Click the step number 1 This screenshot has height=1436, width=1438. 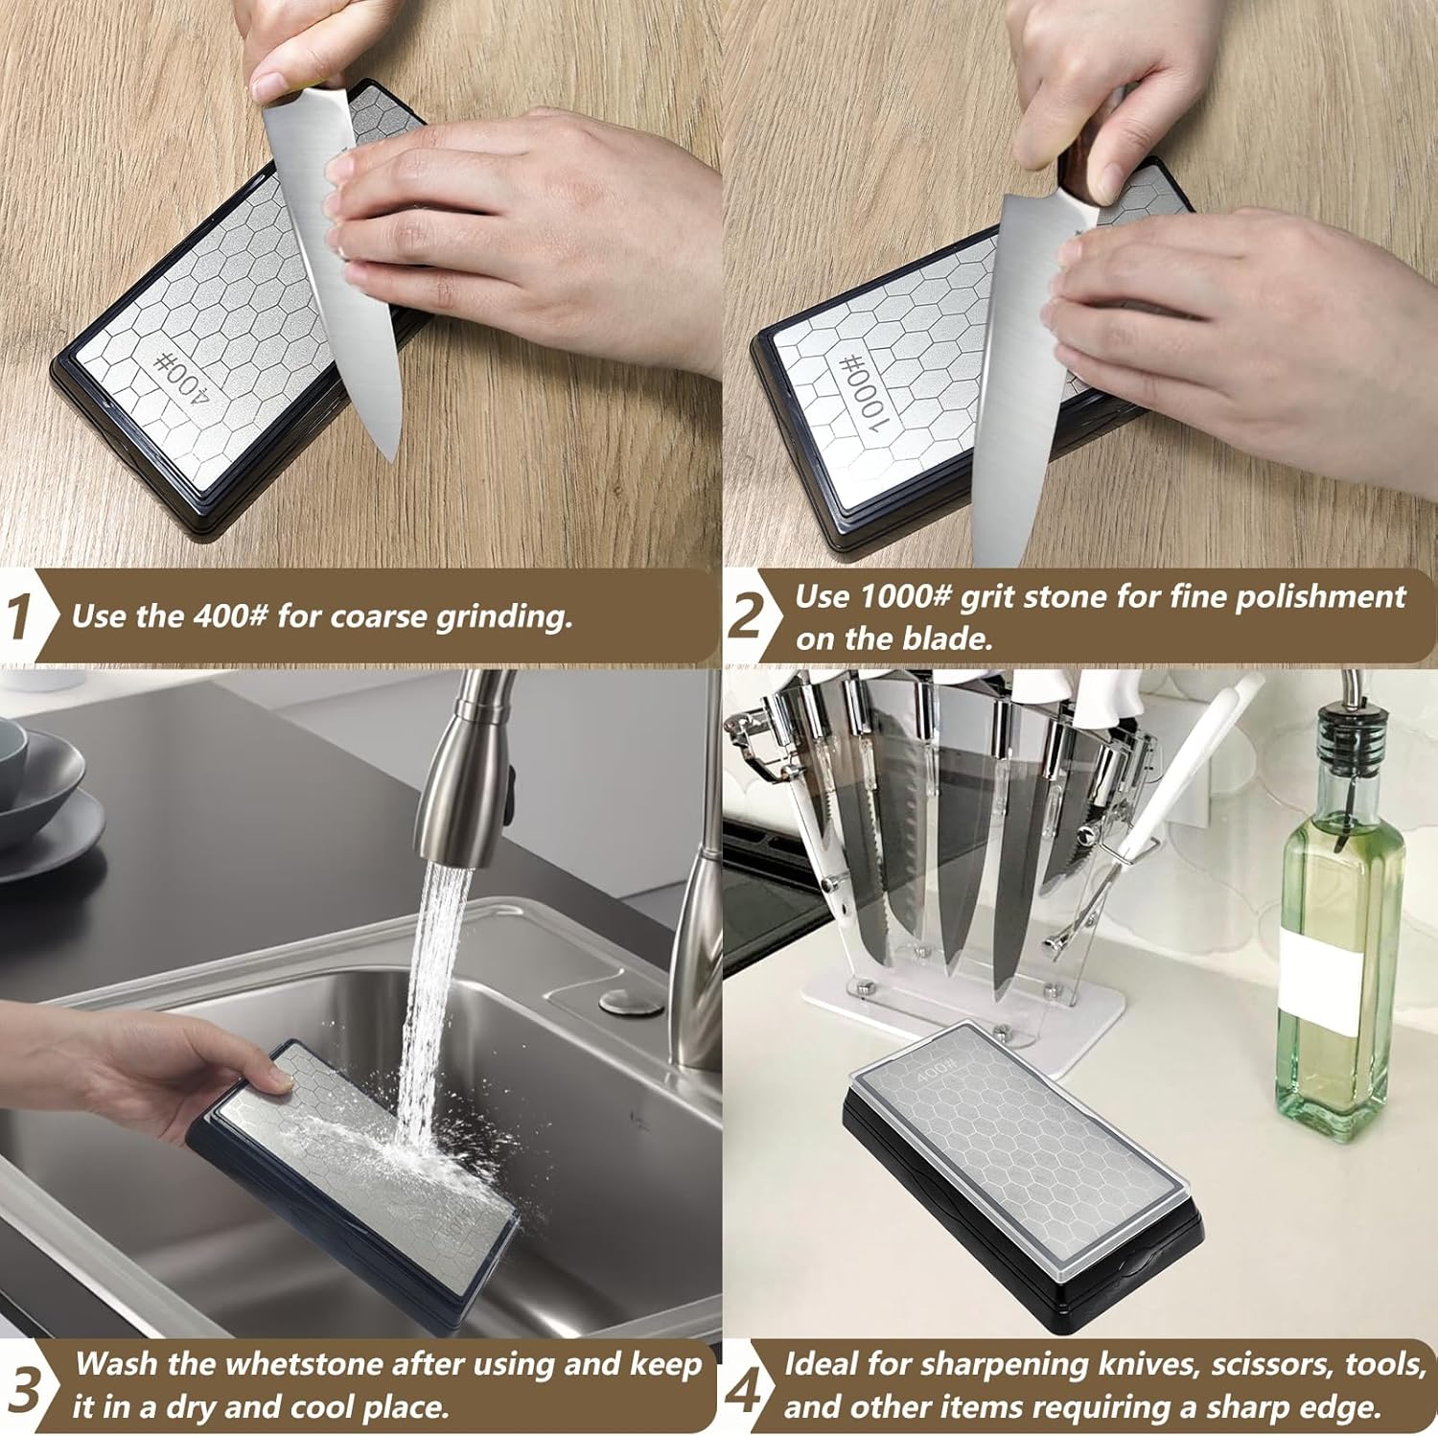pyautogui.click(x=19, y=616)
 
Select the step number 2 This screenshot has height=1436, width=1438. pyautogui.click(x=744, y=616)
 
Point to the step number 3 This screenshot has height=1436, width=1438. pyautogui.click(x=26, y=1387)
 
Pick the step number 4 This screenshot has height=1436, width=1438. pyautogui.click(x=742, y=1387)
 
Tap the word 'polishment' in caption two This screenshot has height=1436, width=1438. pyautogui.click(x=1320, y=597)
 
